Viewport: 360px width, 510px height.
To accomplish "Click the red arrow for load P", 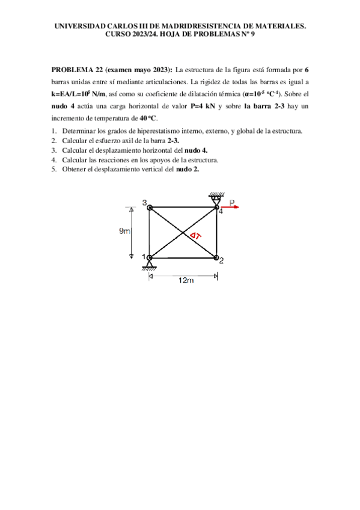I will coord(231,208).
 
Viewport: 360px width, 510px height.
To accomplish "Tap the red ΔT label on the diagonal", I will coord(195,236).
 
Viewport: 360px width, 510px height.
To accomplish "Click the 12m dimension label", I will coord(186,280).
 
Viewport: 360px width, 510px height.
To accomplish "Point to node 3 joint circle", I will coord(150,208).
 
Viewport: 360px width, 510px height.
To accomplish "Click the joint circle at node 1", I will coord(150,258).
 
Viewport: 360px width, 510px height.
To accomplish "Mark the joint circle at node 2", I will coord(216,258).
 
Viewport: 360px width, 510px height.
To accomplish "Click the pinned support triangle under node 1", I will coord(150,265).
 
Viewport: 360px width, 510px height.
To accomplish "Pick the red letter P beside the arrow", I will coord(233,203).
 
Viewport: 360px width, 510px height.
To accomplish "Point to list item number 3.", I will coord(54,150).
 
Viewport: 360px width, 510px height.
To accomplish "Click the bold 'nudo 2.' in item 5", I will coord(188,169).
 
